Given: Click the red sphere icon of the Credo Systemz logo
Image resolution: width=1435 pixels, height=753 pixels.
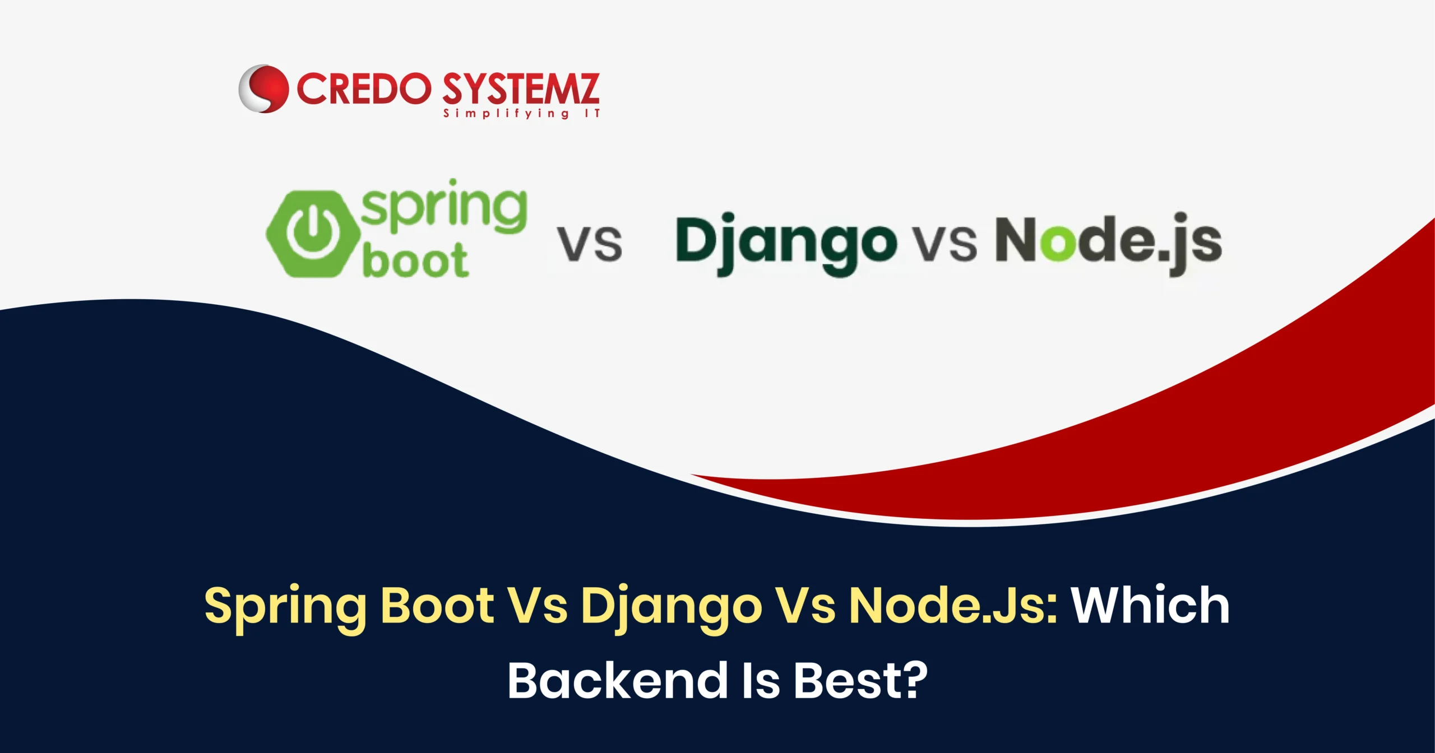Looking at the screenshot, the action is click(263, 89).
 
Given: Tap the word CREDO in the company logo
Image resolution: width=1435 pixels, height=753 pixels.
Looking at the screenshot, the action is click(364, 89).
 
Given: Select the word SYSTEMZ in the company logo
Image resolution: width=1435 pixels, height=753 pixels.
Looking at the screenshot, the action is click(521, 89).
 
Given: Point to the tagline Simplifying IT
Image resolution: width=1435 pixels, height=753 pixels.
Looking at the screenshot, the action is click(522, 114).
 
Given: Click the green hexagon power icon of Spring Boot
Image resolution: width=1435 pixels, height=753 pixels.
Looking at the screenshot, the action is click(313, 234).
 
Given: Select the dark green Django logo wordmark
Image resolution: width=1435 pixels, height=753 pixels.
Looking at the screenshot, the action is click(786, 244).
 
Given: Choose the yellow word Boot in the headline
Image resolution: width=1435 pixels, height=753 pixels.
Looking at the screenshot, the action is click(437, 605).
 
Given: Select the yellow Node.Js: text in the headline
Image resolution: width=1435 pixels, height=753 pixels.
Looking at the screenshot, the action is click(953, 605).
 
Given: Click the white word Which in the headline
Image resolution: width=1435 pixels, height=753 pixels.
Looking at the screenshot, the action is click(1151, 605).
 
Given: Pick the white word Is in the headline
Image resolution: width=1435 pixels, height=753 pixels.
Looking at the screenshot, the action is click(760, 680).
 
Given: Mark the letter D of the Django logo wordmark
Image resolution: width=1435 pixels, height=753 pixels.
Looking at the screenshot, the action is click(696, 239).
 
